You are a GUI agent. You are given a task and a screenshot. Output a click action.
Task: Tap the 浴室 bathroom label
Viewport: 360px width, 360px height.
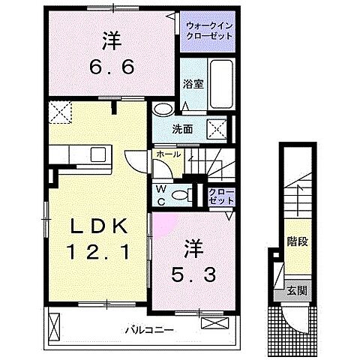(x=192, y=85)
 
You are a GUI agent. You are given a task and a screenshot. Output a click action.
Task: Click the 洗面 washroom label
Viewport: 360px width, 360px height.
(x=184, y=129)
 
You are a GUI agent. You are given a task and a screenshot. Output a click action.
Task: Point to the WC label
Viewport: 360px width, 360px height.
(x=160, y=195)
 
